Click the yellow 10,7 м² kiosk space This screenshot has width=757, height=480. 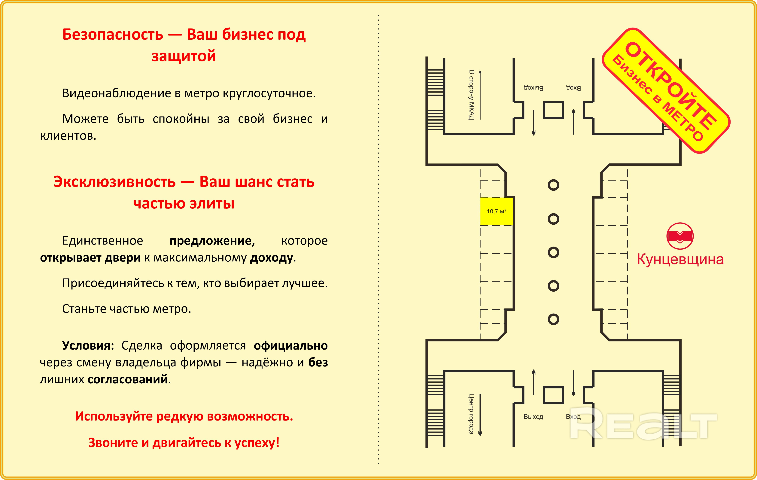496,211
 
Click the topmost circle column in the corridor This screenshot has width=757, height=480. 553,185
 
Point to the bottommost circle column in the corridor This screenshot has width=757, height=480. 553,319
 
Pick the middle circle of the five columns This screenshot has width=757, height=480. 553,252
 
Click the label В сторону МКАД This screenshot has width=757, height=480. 471,95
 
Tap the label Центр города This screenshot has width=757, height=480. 471,414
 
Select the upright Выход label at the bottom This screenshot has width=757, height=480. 533,417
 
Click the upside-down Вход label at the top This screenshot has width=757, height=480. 573,88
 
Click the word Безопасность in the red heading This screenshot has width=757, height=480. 113,34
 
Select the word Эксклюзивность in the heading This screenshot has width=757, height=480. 114,182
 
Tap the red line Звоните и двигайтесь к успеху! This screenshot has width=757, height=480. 184,443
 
